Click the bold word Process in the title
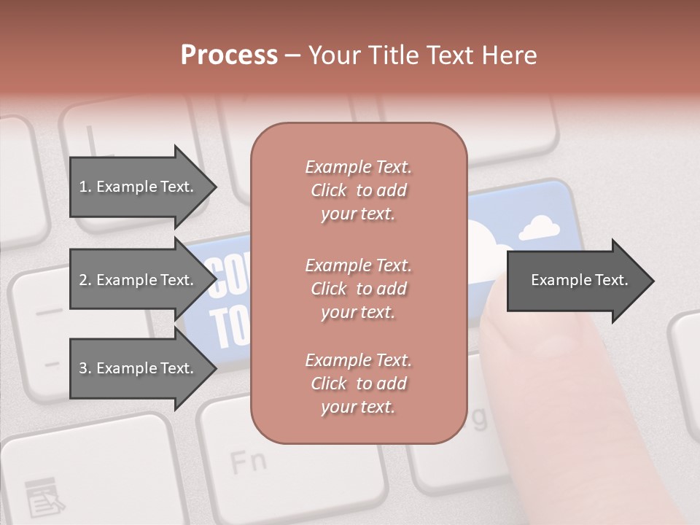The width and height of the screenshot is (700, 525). pos(229,55)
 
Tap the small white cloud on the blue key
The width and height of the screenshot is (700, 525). pos(540,227)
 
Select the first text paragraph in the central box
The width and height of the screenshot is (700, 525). pos(358,190)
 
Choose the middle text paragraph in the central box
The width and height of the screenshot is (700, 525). pos(358,289)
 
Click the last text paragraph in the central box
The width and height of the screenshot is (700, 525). pos(358,384)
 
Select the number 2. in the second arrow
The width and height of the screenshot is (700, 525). pos(85,280)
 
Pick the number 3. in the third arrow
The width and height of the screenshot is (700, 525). pos(85,368)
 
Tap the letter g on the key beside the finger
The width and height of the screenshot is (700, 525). pos(478,418)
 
